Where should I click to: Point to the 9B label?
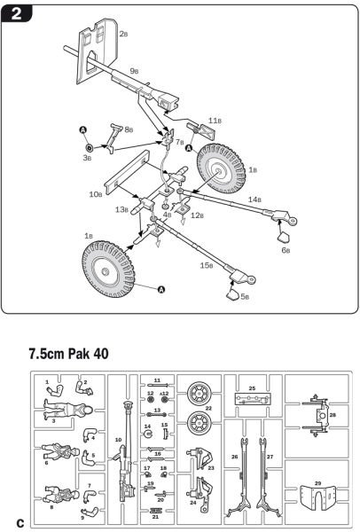[x=134, y=70]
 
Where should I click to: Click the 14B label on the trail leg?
[x=255, y=200]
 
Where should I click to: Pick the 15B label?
[x=207, y=265]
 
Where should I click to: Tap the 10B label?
[x=96, y=192]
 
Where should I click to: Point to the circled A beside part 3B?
[x=85, y=130]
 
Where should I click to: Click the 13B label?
[x=122, y=210]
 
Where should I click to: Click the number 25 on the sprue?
[x=252, y=388]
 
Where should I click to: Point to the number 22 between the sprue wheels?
[x=209, y=409]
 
